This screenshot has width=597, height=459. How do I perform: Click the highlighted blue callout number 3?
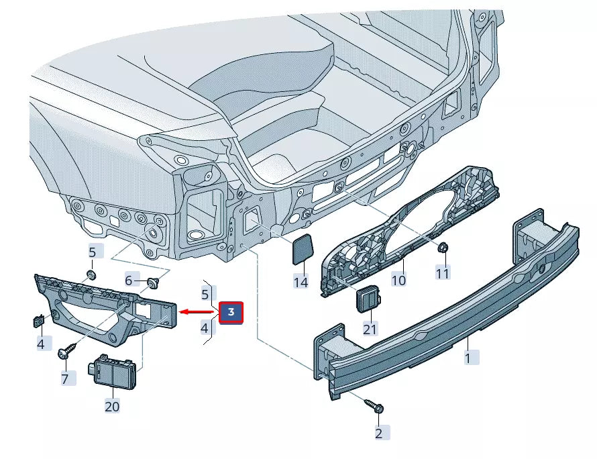click(231, 312)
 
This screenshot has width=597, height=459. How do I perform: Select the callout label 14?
click(301, 283)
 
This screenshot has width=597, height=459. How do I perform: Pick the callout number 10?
click(398, 279)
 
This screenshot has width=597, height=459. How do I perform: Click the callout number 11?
click(443, 273)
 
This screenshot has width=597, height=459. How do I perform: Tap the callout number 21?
click(370, 329)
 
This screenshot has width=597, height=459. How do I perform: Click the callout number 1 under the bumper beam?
click(468, 358)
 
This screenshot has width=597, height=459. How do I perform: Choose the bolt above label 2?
click(373, 406)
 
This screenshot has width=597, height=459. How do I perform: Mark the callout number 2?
click(378, 433)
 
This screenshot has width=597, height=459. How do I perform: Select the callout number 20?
click(111, 406)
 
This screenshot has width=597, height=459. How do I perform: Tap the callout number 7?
click(65, 379)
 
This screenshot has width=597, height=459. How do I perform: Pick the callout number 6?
click(130, 280)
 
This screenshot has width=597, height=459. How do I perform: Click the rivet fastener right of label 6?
click(152, 281)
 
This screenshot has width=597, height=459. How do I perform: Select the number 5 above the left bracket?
click(93, 252)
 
